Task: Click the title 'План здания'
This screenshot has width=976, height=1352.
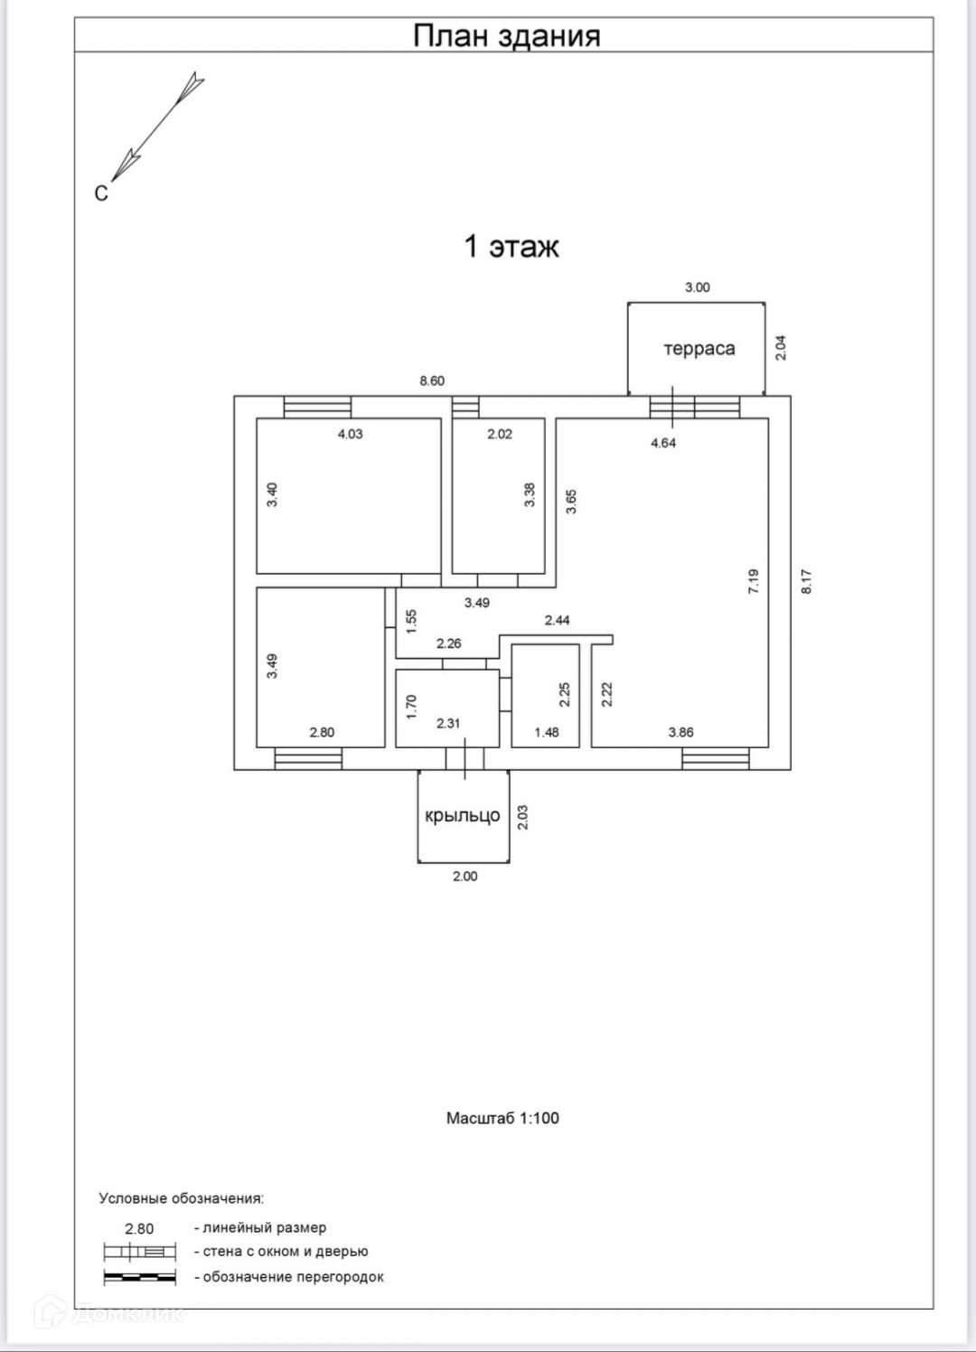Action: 506,36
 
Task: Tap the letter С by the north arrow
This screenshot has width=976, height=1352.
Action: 101,193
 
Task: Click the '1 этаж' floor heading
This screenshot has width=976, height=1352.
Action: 511,247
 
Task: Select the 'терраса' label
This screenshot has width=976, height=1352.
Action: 699,349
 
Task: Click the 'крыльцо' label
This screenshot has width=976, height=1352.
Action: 462,815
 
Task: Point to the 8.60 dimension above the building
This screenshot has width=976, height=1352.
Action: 432,381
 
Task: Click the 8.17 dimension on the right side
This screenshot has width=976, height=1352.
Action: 807,580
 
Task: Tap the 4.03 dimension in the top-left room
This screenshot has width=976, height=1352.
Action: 350,434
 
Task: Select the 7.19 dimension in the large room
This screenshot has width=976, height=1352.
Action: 754,580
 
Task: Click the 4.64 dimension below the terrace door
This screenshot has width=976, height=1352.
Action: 663,443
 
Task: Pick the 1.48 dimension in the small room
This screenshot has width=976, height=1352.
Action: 546,732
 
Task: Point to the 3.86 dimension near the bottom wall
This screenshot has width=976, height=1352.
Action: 680,732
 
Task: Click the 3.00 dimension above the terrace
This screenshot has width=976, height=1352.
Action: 697,287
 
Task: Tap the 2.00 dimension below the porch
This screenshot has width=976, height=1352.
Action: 465,876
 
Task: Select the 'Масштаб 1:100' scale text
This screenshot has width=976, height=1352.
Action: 502,1118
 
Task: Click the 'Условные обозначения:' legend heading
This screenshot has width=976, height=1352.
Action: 181,1198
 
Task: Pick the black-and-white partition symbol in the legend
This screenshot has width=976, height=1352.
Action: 139,1277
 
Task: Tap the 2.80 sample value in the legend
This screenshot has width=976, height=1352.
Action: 139,1228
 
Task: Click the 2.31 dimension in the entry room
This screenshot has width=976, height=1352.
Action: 448,723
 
